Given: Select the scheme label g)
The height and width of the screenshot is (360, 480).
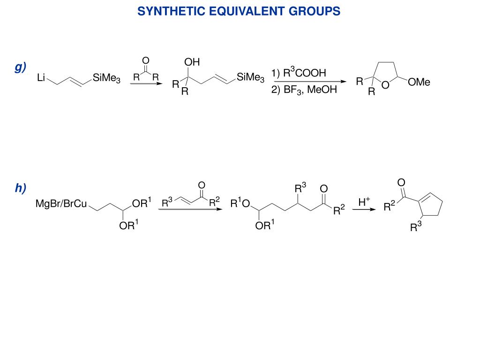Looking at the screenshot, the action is (20, 67).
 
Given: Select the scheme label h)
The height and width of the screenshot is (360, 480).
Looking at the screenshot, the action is (20, 188).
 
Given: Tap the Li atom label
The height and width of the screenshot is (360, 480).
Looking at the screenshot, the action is (41, 78).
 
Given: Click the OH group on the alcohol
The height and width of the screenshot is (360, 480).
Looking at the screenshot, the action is (192, 62).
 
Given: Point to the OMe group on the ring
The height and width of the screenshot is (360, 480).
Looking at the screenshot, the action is (419, 82).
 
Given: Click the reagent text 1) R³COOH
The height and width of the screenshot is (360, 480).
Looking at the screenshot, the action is (298, 73).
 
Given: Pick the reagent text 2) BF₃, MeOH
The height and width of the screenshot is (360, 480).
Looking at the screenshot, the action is (304, 89).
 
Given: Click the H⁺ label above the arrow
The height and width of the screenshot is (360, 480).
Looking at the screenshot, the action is (364, 202).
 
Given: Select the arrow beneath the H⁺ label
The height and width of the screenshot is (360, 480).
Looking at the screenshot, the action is (364, 210).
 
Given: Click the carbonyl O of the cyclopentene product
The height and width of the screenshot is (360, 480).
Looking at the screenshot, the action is (401, 182).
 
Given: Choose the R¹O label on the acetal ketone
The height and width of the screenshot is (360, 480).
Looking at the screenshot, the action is (241, 204).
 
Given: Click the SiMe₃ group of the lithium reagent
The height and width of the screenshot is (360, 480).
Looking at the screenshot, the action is (106, 78).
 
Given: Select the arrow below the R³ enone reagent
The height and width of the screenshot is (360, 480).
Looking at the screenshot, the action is (190, 210).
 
